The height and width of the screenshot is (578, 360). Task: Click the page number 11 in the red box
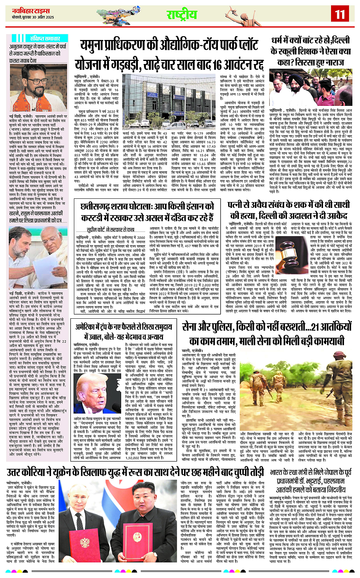pyautogui.click(x=339, y=14)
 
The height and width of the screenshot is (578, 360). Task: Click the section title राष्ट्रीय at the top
pyautogui.click(x=182, y=15)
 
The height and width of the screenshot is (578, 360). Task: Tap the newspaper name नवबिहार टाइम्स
pyautogui.click(x=31, y=11)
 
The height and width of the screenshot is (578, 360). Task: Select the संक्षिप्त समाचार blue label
pyautogui.click(x=45, y=38)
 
